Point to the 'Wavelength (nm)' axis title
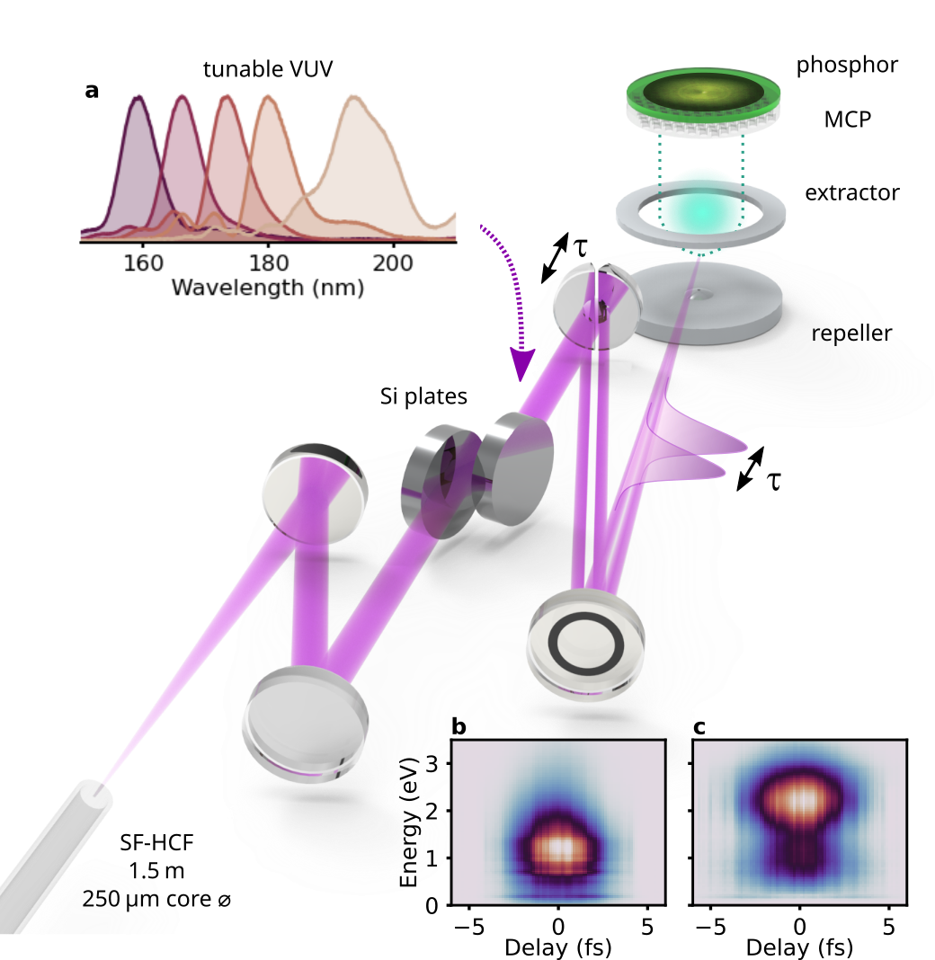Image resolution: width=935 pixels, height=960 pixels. click(x=267, y=289)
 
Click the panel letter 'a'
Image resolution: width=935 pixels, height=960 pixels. click(x=91, y=90)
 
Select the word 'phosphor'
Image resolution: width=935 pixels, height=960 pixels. click(x=847, y=65)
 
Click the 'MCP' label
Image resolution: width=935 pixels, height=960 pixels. click(x=847, y=118)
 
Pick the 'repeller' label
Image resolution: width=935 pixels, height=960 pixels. click(x=850, y=333)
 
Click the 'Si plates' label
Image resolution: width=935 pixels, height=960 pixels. click(x=423, y=396)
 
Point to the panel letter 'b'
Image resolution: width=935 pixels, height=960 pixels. click(x=459, y=729)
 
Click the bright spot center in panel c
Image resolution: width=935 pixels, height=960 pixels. click(x=797, y=795)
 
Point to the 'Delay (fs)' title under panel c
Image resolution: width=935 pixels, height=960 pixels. click(x=798, y=947)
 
